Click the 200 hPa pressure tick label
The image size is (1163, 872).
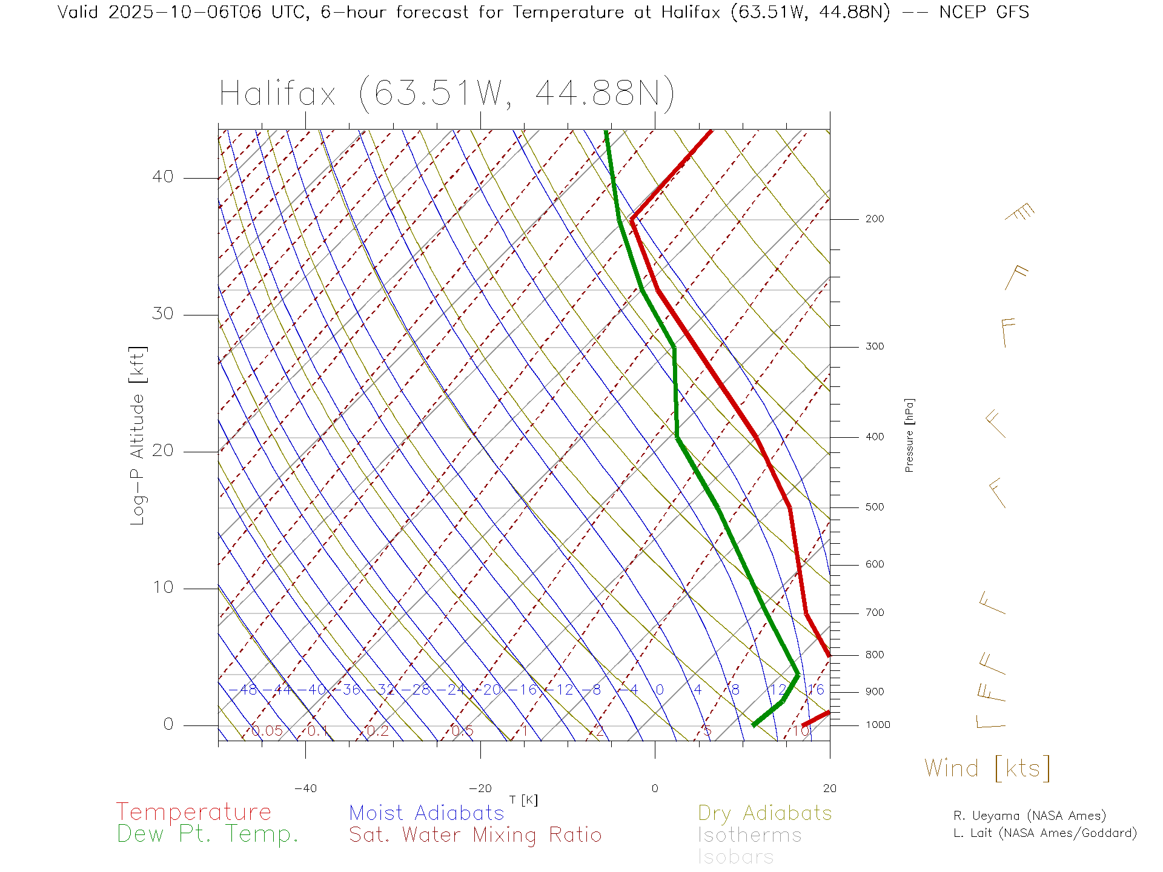(x=874, y=219)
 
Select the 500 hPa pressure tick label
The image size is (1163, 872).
(x=874, y=507)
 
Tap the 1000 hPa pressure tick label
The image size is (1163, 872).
(x=878, y=725)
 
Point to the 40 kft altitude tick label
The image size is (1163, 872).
(x=162, y=177)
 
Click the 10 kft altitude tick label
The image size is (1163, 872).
(x=162, y=587)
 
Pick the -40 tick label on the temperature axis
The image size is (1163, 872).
(x=305, y=788)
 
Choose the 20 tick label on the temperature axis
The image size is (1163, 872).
(x=829, y=788)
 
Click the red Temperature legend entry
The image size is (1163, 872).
(x=193, y=812)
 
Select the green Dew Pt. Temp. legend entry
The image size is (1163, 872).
(x=207, y=834)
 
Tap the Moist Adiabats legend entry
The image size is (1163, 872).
(x=426, y=813)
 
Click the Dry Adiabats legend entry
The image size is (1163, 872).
(x=765, y=813)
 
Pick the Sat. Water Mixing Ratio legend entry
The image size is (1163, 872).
(x=475, y=835)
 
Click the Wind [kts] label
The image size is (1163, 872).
(x=987, y=768)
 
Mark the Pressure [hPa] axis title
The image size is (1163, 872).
(x=909, y=435)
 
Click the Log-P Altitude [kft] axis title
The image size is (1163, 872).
(x=138, y=436)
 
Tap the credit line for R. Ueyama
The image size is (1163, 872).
(x=1029, y=816)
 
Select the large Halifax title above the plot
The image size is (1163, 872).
(x=446, y=94)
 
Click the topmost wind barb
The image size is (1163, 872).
(x=1020, y=213)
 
